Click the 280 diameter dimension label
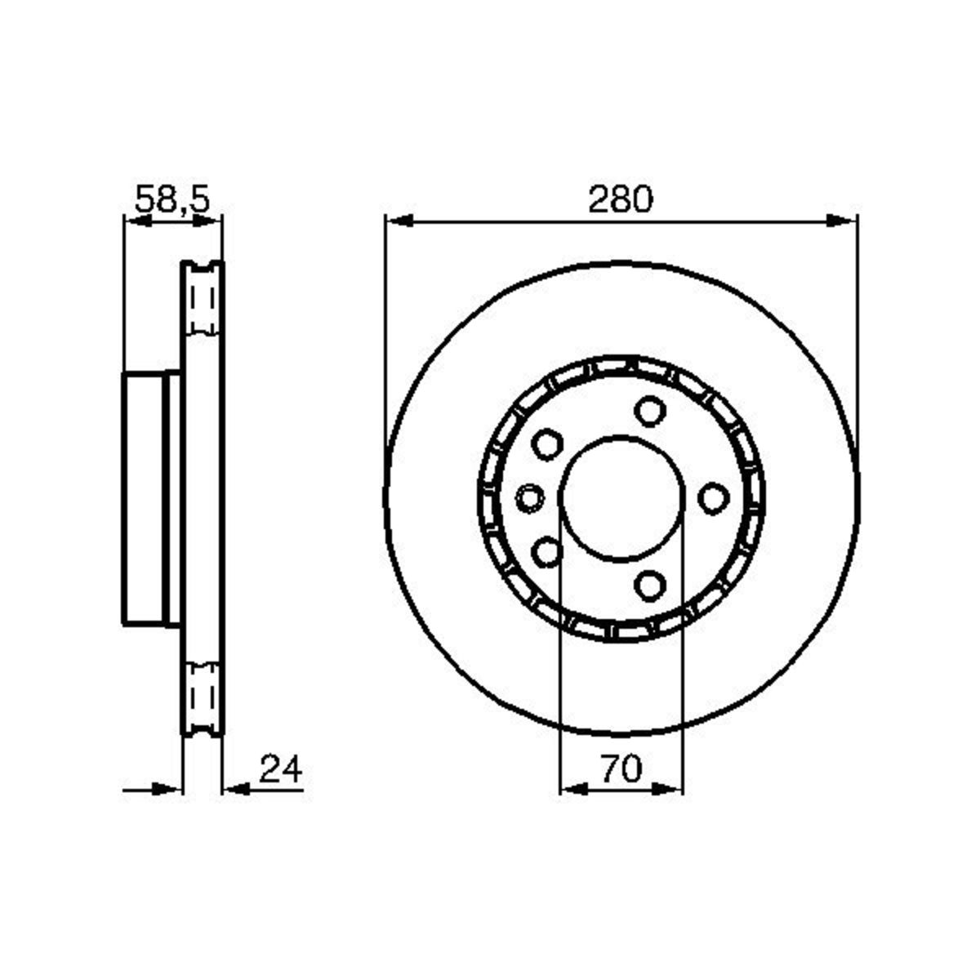(x=621, y=199)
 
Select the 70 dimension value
(x=621, y=769)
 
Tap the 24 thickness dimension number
(x=280, y=769)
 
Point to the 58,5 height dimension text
(x=172, y=199)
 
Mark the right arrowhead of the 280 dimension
(x=844, y=220)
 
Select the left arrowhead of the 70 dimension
(x=572, y=789)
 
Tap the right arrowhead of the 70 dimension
(x=670, y=789)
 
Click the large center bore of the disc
(x=621, y=497)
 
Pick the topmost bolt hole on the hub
(x=649, y=411)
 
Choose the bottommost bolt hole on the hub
(x=649, y=584)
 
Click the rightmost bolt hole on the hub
(x=714, y=497)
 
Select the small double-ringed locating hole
(x=531, y=497)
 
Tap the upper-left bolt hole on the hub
(x=546, y=444)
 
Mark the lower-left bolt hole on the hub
(x=546, y=552)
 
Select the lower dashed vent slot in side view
(x=202, y=694)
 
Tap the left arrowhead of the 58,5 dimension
(x=135, y=220)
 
